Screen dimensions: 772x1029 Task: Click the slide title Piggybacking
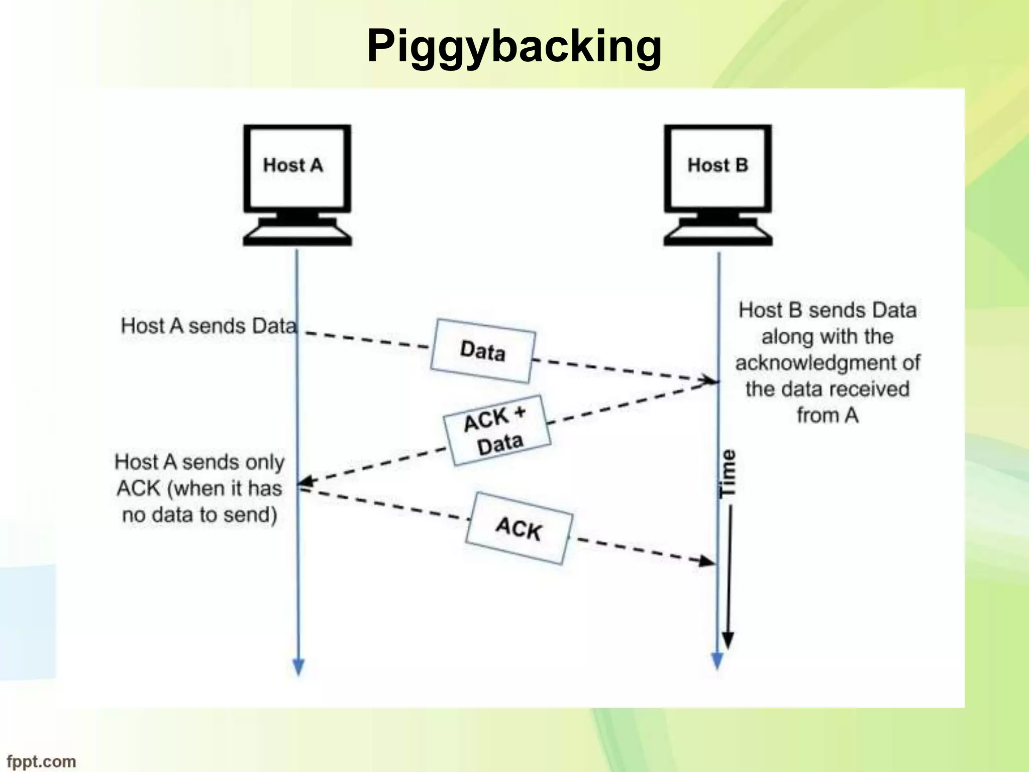tap(514, 46)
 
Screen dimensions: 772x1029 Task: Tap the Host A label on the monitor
tap(293, 165)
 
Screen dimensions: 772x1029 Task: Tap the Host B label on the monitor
tap(717, 165)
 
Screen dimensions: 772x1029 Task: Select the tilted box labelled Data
tap(482, 351)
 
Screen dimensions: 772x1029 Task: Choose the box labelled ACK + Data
tap(497, 431)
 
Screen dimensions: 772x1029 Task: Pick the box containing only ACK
tap(519, 528)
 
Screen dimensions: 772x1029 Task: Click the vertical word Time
tap(728, 473)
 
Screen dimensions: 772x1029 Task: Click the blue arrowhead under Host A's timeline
tap(298, 666)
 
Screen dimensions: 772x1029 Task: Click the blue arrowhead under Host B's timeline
tap(717, 660)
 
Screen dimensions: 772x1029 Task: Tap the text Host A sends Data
tap(209, 326)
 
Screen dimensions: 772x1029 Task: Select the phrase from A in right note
tap(827, 416)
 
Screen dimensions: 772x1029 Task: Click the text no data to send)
tap(199, 515)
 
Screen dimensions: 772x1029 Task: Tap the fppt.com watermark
tap(41, 761)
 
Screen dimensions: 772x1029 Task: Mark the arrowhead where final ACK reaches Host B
tap(708, 561)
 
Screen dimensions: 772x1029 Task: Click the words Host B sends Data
tap(827, 310)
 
